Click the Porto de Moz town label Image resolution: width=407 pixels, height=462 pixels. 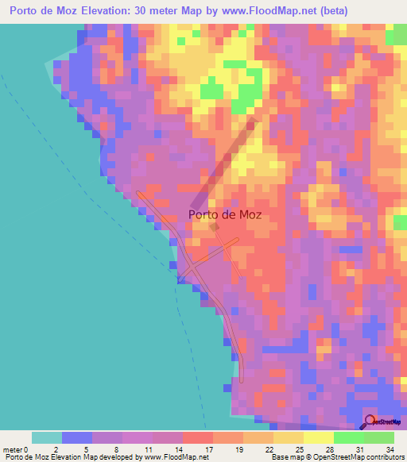[x=225, y=214]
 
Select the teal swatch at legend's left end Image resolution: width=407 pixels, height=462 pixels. [x=47, y=437]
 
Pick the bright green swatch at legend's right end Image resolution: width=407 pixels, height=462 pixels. [x=379, y=437]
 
